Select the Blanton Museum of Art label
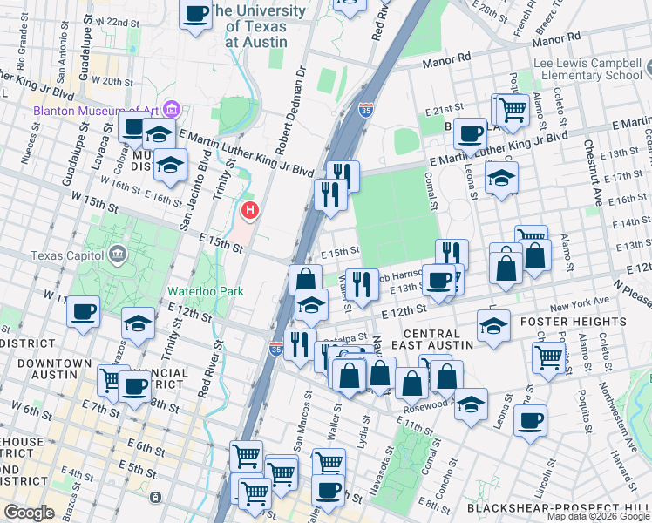coord(96,110)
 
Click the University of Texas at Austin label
coord(259,26)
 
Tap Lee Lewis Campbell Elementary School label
coord(592,69)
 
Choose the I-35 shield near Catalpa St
coord(275,350)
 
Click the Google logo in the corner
coord(29,513)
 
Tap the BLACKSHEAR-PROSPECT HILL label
coord(559,507)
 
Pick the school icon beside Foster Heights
coord(494,326)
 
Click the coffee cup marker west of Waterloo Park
coord(83,312)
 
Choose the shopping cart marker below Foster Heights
coord(549,356)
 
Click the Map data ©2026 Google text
coord(598,516)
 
